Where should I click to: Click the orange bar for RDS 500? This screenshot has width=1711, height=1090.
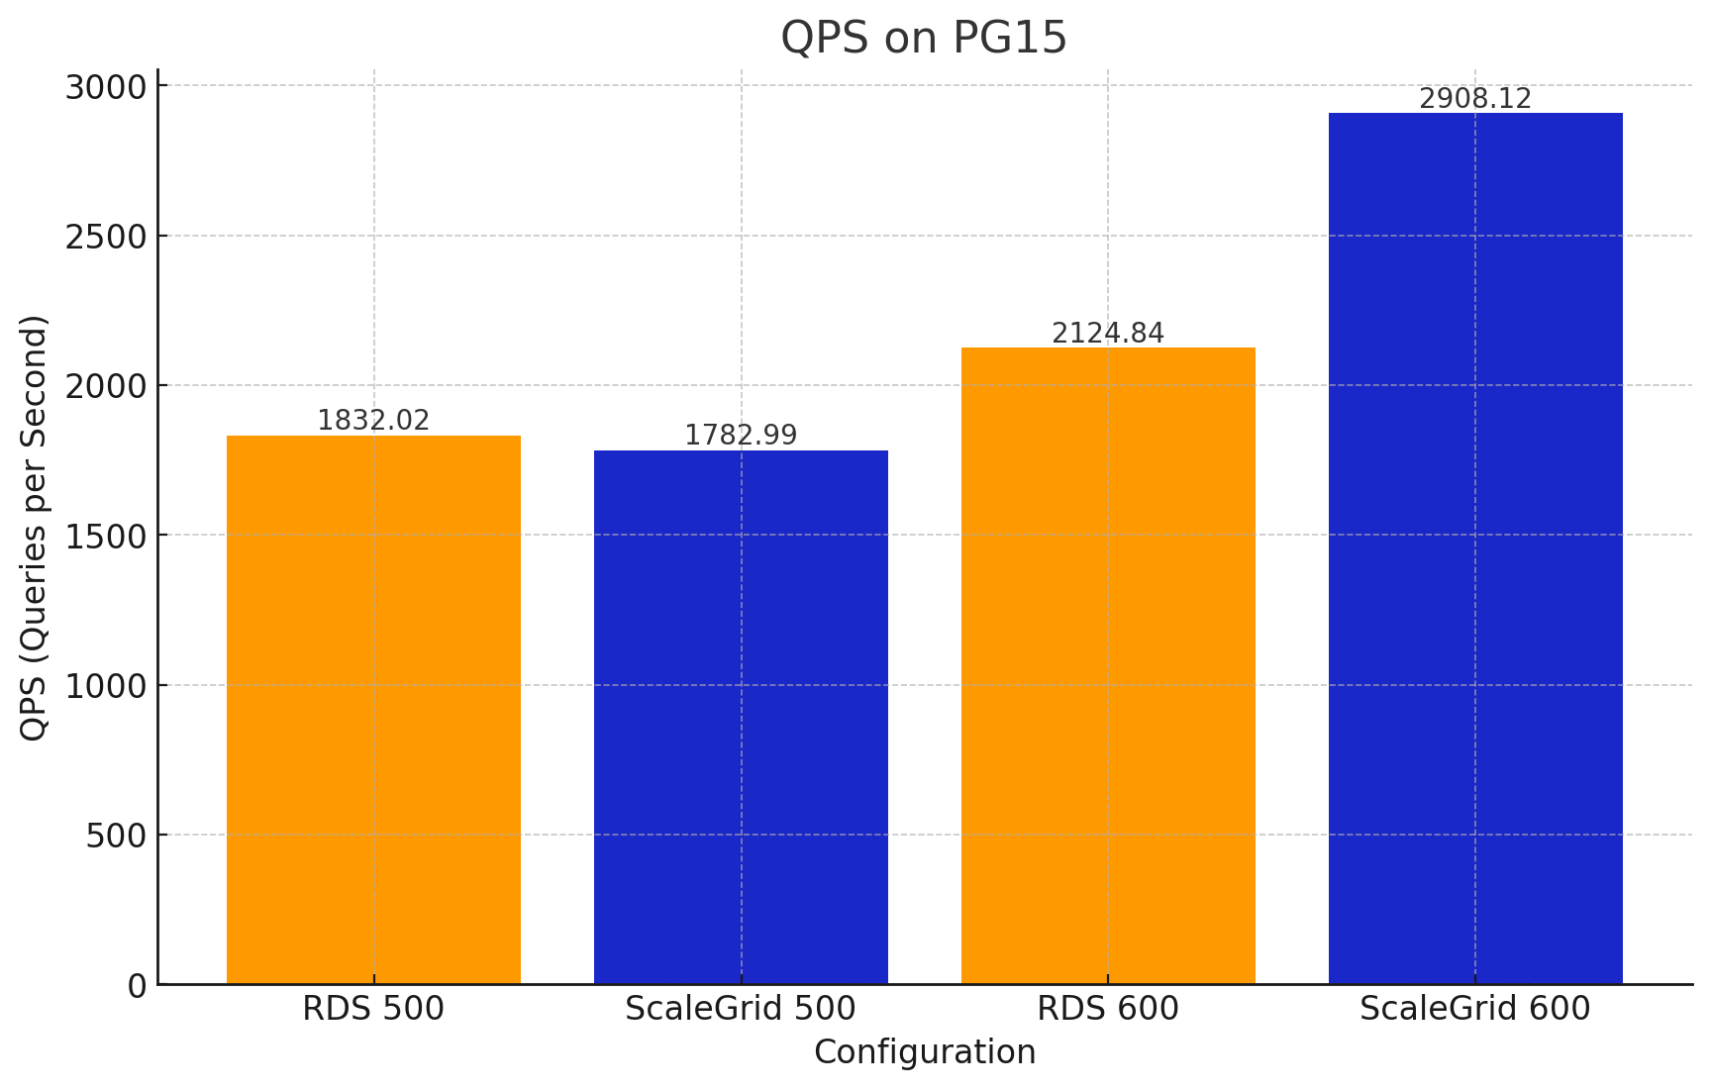point(373,709)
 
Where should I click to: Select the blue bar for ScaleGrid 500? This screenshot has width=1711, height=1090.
point(741,717)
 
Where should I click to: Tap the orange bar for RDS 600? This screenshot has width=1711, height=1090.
point(1108,665)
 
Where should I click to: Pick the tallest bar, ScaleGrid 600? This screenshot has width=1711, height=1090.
point(1475,547)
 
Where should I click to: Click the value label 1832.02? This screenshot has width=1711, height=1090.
point(373,421)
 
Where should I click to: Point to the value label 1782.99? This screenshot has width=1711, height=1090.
point(741,436)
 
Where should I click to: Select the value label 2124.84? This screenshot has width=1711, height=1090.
point(1108,334)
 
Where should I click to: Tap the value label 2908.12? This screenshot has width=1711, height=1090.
point(1475,99)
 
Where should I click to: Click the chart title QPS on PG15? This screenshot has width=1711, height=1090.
point(924,38)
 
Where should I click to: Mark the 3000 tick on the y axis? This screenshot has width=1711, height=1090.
point(106,87)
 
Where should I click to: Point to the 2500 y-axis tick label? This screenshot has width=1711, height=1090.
point(106,237)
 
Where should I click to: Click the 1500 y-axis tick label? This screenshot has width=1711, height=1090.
point(106,536)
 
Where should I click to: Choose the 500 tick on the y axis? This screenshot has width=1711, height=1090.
point(117,836)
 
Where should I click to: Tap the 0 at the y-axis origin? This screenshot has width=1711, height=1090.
point(138,986)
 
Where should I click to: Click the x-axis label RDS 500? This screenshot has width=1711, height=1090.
point(373,1009)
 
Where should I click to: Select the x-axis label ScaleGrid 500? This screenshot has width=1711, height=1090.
point(741,1009)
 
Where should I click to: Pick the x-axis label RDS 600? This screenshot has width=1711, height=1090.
point(1108,1009)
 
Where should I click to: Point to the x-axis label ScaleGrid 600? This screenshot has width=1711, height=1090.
point(1475,1009)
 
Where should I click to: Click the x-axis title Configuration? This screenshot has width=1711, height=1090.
point(924,1052)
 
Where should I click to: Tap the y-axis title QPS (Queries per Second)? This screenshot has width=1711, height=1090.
point(34,528)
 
